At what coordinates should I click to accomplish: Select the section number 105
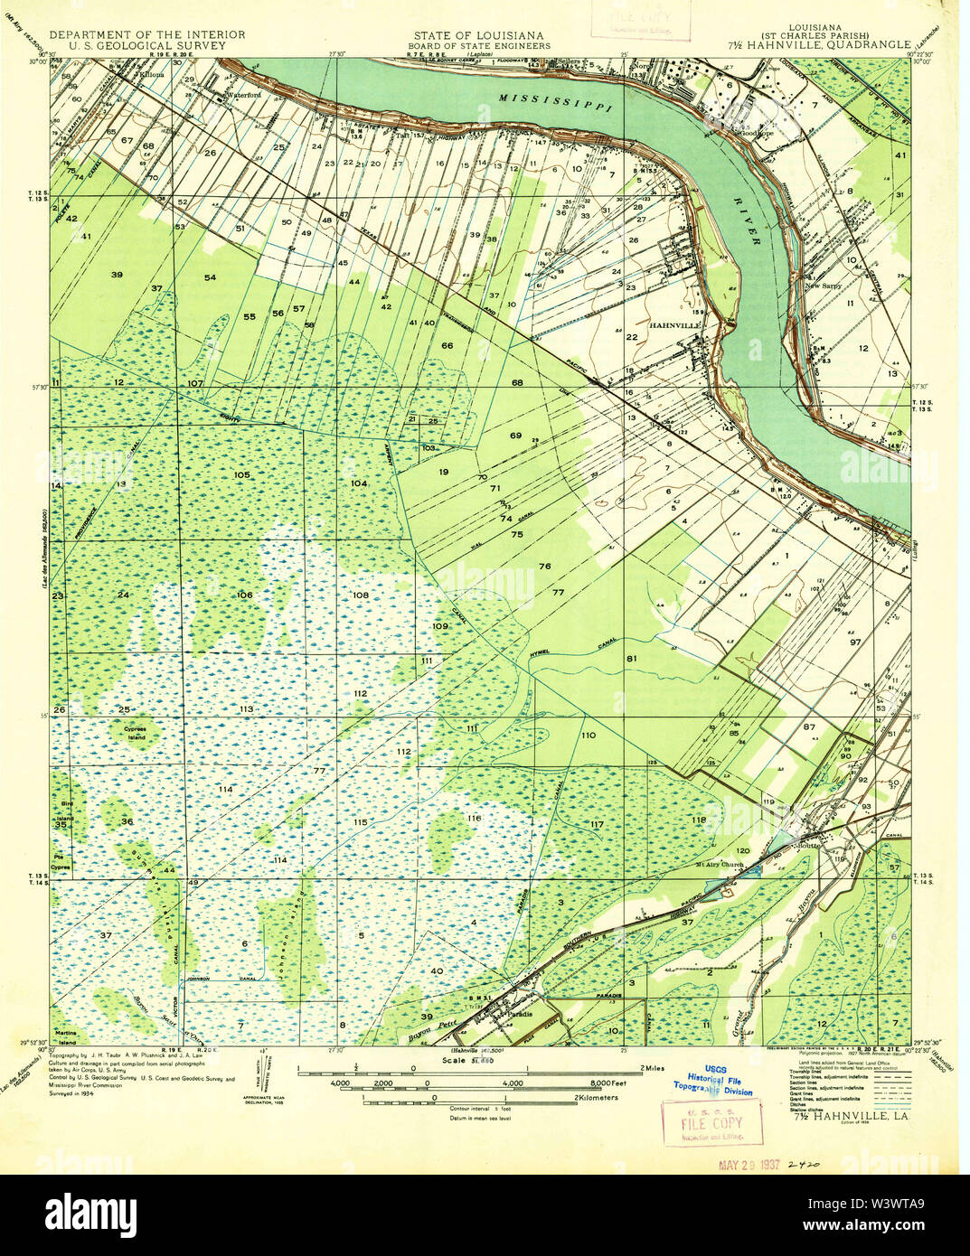point(241,474)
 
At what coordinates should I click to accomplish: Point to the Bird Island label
point(64,808)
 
